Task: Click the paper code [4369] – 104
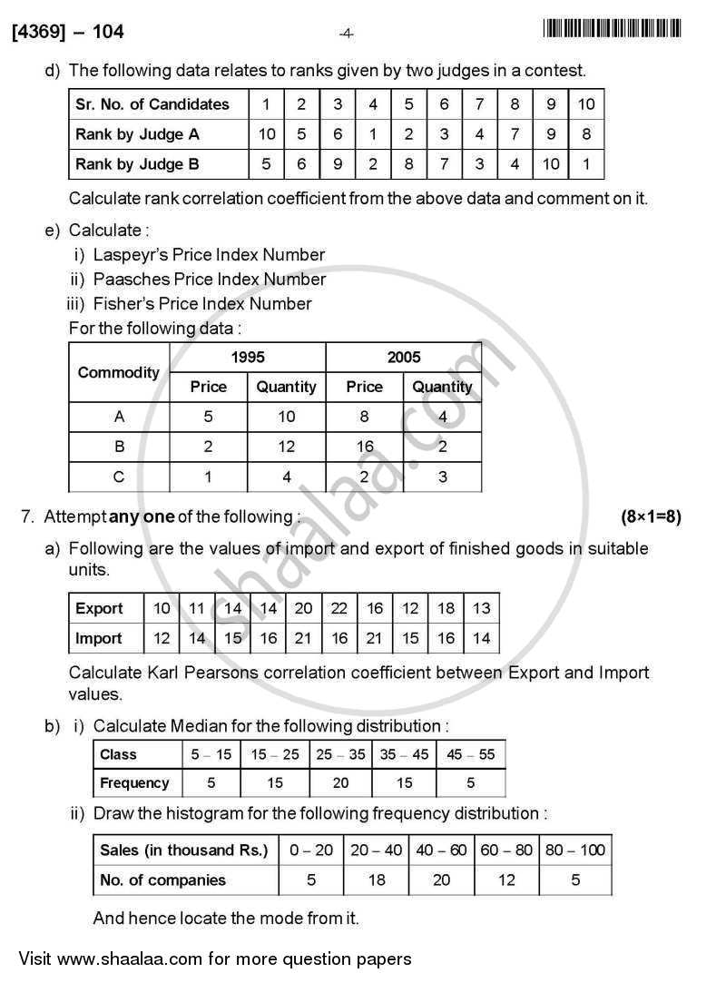[68, 33]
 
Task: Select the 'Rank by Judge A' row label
[137, 134]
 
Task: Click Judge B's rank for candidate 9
[551, 164]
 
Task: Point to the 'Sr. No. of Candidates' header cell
[152, 104]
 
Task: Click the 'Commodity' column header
[118, 372]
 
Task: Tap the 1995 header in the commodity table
[248, 357]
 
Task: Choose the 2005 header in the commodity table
[404, 357]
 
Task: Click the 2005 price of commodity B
[364, 447]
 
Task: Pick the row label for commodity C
[118, 477]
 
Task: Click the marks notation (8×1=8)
[651, 516]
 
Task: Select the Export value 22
[338, 609]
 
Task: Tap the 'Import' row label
[98, 639]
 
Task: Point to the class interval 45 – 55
[470, 754]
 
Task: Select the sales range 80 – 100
[575, 850]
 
